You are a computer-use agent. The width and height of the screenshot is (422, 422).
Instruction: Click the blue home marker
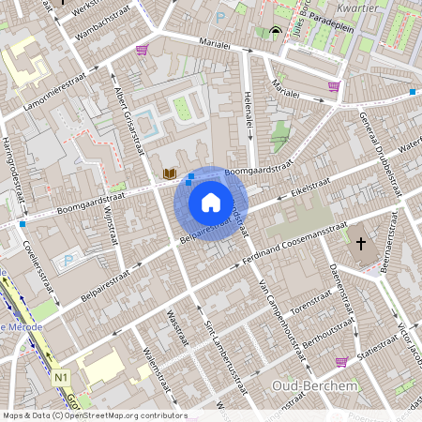(x=211, y=202)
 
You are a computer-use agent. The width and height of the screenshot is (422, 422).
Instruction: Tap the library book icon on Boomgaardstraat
(x=169, y=173)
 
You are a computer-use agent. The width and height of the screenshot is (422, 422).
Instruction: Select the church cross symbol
(x=362, y=244)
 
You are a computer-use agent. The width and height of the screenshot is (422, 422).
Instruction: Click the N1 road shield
(x=63, y=377)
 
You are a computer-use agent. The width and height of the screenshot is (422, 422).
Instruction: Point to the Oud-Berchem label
(x=304, y=385)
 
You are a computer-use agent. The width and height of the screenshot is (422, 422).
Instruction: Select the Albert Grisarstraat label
(x=127, y=113)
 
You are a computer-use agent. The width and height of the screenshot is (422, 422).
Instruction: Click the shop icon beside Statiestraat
(x=341, y=361)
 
